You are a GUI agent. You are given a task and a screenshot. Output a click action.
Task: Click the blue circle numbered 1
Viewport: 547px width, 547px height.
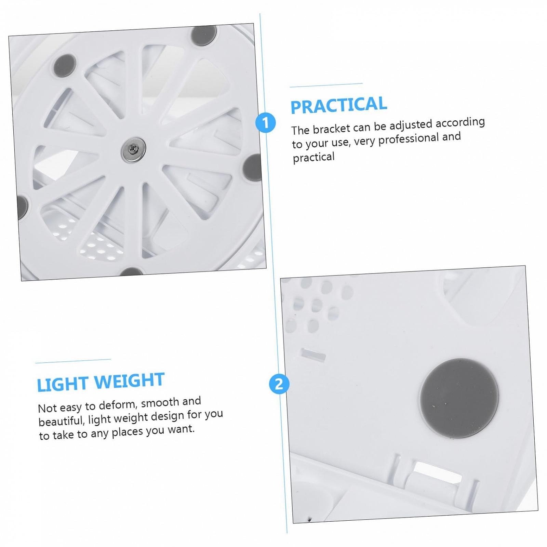[x=266, y=122]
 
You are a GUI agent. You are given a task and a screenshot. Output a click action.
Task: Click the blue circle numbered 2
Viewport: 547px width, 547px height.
[x=279, y=384]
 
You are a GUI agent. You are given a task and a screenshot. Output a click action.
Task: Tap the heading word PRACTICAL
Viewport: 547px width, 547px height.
[x=339, y=105]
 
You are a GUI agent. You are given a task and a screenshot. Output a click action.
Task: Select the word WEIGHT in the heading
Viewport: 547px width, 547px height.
[x=127, y=381]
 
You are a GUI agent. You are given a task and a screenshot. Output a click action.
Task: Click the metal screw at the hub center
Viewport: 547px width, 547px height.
[x=134, y=149]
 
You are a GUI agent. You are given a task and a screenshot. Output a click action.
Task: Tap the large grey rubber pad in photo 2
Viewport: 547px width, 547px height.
[x=459, y=398]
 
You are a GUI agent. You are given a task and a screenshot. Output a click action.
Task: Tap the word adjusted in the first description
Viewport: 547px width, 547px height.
[x=411, y=125]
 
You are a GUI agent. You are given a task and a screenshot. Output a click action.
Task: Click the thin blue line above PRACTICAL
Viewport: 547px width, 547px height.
[x=326, y=85]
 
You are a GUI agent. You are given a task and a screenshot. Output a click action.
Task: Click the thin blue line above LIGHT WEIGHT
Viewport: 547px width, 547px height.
[x=73, y=361]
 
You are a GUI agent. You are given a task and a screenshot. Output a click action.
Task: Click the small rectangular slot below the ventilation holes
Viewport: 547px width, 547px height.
[x=313, y=355]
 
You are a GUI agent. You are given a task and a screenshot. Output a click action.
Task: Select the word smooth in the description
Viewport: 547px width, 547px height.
[x=160, y=403]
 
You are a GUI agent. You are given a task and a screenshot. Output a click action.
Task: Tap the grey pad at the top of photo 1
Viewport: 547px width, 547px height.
[x=204, y=35]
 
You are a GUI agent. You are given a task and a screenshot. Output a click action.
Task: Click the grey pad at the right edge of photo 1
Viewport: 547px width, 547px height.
[x=253, y=168]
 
